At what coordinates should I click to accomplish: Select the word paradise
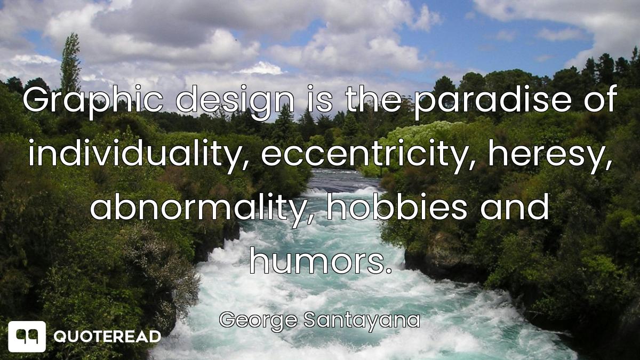(493, 101)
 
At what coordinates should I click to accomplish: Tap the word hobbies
(397, 206)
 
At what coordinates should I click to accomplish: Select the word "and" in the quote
(515, 206)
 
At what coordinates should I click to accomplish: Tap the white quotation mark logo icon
(27, 337)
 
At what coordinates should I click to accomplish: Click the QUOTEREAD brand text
(107, 337)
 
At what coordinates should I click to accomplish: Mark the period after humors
(389, 271)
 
